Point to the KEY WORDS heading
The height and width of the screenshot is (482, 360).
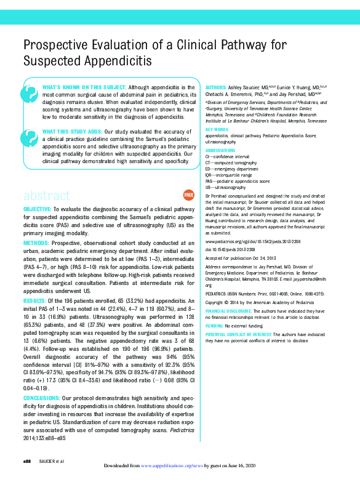216,130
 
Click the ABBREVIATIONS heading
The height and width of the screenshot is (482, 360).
220,151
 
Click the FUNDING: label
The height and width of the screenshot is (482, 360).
214,324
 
